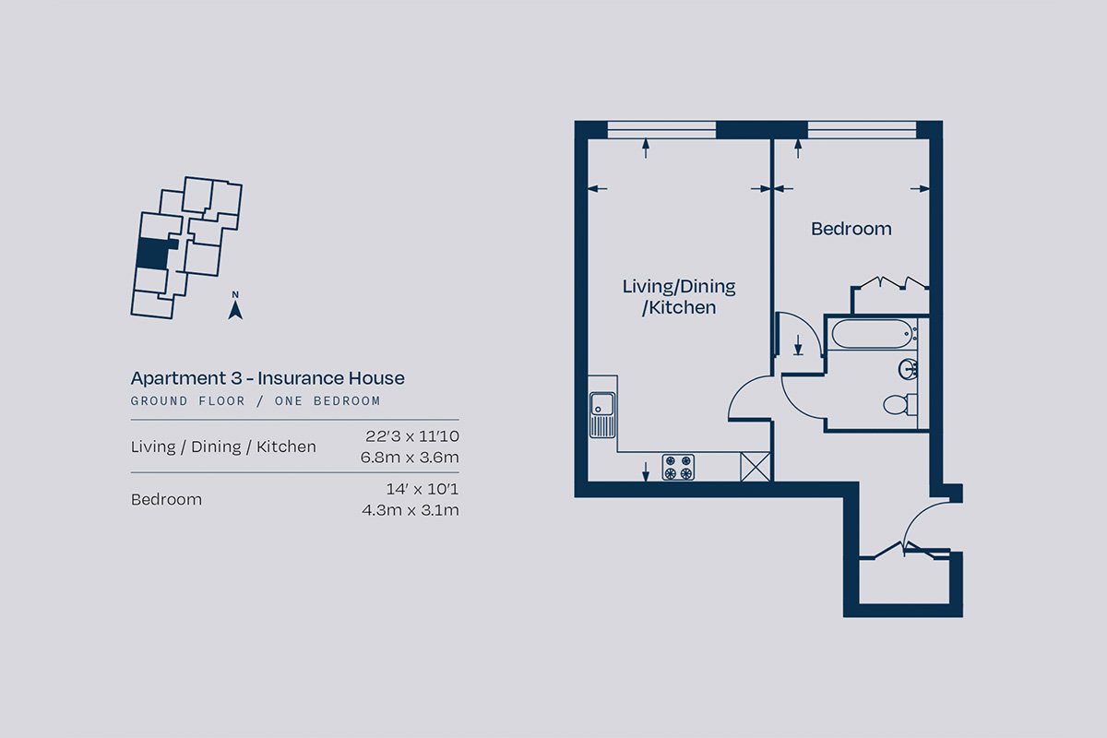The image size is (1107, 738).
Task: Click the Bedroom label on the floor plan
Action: tap(851, 229)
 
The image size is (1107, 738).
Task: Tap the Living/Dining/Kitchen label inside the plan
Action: tap(679, 297)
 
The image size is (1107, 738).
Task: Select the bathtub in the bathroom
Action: tap(872, 334)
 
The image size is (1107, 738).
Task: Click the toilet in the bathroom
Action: tap(899, 404)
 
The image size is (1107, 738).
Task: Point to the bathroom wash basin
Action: tap(908, 369)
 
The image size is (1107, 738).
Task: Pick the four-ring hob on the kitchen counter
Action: tap(678, 467)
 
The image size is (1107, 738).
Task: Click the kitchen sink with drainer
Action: tap(602, 415)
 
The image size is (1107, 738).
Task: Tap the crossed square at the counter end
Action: tap(756, 466)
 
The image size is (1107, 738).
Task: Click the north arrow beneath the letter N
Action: tap(235, 311)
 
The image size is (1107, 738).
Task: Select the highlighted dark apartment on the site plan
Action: tap(154, 254)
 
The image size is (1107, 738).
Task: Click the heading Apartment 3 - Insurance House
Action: tap(268, 378)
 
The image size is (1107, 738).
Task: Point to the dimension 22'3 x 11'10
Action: tap(412, 436)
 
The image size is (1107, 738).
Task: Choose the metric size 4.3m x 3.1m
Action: tap(411, 509)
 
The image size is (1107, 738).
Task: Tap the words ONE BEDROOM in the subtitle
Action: tap(327, 401)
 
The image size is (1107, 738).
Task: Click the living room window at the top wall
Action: tap(661, 130)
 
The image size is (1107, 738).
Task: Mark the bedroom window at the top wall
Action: tap(862, 130)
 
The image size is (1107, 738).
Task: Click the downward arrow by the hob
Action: tap(646, 471)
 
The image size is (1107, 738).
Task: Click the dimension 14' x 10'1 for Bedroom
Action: tap(423, 489)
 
